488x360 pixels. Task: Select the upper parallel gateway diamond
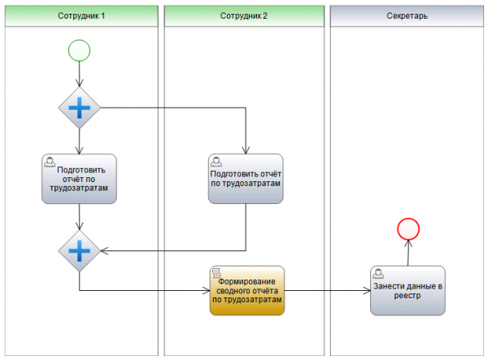point(80,108)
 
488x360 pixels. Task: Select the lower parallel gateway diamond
point(80,251)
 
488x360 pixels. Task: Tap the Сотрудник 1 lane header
point(81,16)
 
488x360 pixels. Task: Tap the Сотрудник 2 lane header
point(244,16)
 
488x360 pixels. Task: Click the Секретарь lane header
point(407,16)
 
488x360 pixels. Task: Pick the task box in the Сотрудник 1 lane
point(79,179)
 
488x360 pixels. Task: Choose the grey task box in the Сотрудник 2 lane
point(246,179)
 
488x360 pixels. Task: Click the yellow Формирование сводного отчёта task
point(247,291)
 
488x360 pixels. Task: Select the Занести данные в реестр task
point(407,291)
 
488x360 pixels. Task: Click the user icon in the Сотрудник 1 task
point(50,162)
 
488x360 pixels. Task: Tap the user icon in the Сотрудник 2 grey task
point(216,162)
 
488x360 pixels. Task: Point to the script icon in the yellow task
point(216,273)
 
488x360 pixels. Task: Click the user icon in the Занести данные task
point(378,274)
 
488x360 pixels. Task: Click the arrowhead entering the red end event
point(408,244)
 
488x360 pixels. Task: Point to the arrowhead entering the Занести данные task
point(368,291)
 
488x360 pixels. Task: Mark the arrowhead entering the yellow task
point(207,291)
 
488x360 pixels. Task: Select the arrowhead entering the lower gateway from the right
point(104,251)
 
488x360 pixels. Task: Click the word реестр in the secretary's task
point(407,295)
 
